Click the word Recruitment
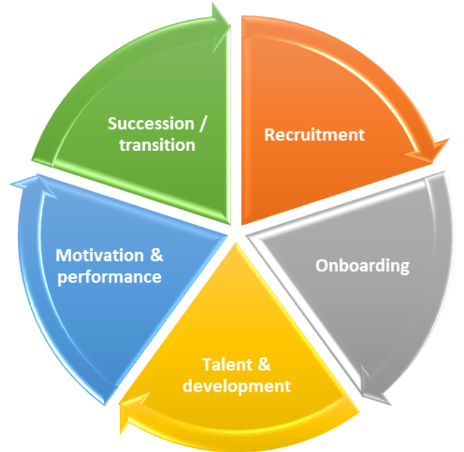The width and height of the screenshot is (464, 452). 314,134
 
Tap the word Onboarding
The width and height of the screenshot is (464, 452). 362,264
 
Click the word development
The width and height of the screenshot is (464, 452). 237,386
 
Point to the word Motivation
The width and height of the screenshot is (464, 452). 100,255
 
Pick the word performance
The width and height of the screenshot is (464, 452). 109,276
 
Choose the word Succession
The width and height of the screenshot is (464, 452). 151,123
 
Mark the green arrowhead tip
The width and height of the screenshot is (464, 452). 229,9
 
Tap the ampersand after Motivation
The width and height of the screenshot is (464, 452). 155,255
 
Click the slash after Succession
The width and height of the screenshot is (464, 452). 206,123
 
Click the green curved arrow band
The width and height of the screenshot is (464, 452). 102,68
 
